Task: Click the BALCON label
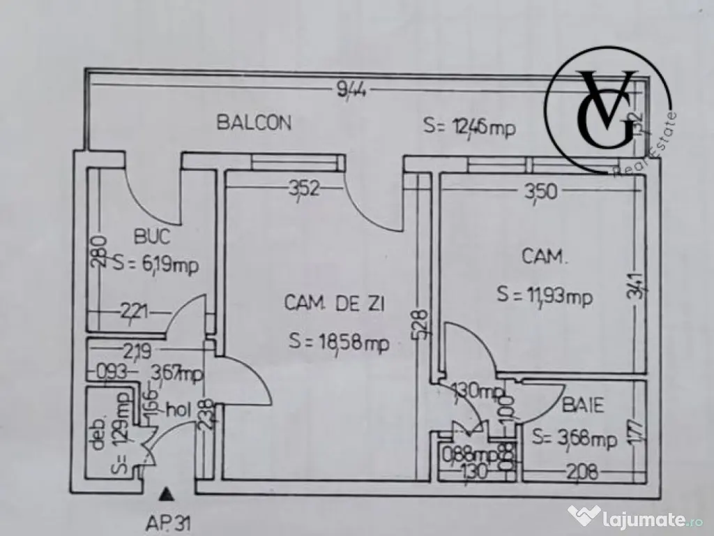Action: [x=254, y=123]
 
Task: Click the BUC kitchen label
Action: [x=152, y=237]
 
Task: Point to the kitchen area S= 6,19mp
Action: [x=154, y=265]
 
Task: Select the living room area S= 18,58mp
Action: [x=339, y=342]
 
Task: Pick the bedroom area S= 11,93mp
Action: [x=545, y=295]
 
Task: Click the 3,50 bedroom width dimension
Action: [x=540, y=191]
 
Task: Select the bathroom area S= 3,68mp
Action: [x=574, y=439]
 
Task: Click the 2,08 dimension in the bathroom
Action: [x=583, y=472]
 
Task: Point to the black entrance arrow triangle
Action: [x=165, y=495]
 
